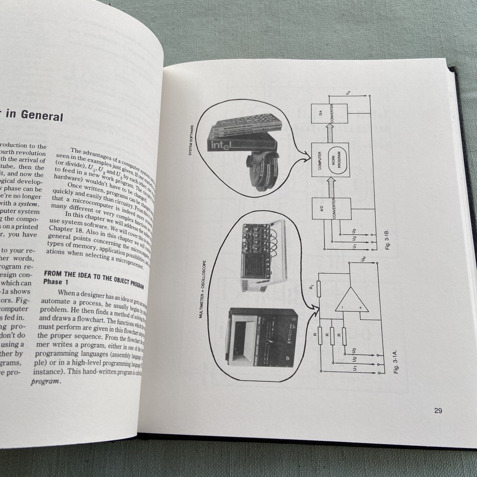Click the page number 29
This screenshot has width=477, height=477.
click(438, 411)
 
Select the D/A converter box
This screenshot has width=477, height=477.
click(329, 113)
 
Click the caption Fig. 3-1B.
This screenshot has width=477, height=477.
click(386, 239)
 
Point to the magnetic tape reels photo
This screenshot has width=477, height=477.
click(266, 169)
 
